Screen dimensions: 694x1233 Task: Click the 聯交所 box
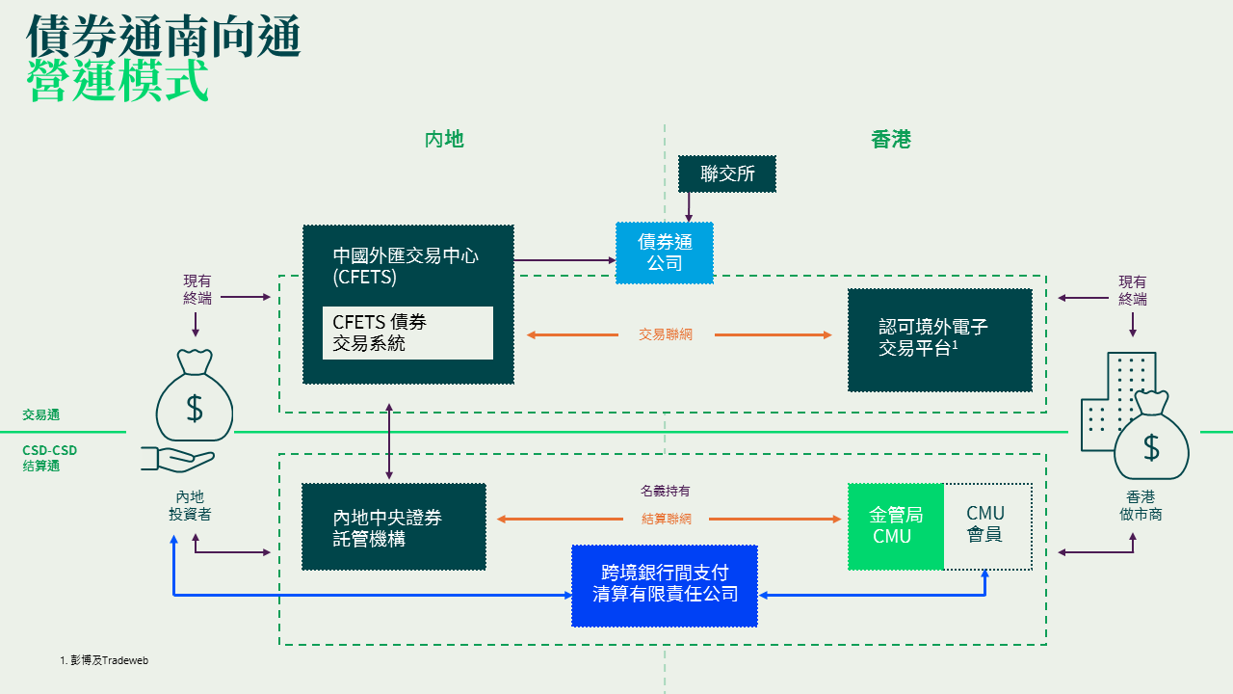point(726,174)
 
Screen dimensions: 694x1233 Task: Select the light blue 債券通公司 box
point(665,253)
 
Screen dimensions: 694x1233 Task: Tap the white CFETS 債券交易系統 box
point(407,333)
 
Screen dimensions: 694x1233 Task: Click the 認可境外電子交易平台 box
point(940,339)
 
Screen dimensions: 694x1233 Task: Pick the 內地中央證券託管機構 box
point(394,526)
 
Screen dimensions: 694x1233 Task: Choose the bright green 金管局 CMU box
point(895,526)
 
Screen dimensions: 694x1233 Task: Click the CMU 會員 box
point(986,526)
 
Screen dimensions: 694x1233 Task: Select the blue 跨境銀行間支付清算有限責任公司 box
point(665,585)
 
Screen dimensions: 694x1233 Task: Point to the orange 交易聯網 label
point(666,334)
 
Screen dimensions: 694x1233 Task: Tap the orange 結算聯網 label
point(666,519)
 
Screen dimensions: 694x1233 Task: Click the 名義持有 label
point(666,492)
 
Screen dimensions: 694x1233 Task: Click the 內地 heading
point(444,140)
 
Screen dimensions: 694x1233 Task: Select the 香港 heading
point(891,140)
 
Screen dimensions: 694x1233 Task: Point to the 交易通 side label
point(41,414)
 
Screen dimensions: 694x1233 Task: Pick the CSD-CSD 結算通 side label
point(49,458)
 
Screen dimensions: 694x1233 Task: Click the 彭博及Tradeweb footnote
point(104,660)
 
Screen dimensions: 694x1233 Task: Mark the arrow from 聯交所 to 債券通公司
point(688,206)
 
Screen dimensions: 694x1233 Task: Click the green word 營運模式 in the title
point(118,81)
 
